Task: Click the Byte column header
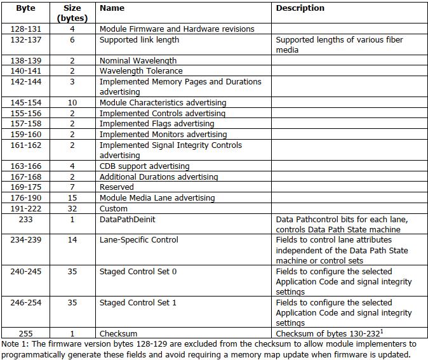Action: point(26,8)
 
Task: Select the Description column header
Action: point(300,8)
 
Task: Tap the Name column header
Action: point(112,8)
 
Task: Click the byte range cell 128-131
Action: point(26,29)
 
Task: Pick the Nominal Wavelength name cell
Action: point(138,60)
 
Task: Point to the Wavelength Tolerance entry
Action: point(141,71)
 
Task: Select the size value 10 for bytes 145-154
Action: point(72,102)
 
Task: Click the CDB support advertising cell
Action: point(144,166)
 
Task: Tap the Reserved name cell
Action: point(116,187)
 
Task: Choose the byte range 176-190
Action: point(26,198)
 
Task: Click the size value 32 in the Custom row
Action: point(72,208)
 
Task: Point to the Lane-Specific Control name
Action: point(138,240)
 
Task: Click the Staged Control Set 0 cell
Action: point(138,271)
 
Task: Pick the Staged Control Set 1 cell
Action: point(138,303)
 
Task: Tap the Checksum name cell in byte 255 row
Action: point(118,333)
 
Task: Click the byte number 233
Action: point(26,219)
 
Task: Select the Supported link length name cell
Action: point(139,39)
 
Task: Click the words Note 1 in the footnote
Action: point(13,344)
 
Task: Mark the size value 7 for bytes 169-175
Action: point(72,187)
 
